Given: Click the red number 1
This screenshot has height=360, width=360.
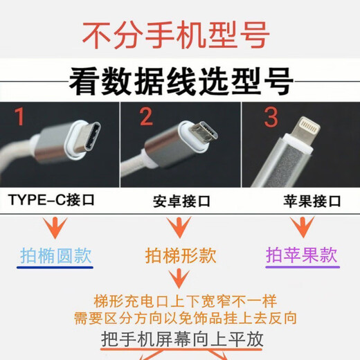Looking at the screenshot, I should pos(21,118).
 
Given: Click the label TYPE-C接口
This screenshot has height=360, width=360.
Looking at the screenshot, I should pos(51,201).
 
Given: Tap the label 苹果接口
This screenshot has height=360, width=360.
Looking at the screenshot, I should pos(312,201).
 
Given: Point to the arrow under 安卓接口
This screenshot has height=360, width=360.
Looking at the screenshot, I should pos(179,227).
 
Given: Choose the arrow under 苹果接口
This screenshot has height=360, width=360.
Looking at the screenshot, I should pos(302,227).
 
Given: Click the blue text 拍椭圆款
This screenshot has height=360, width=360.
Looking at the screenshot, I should pos(55,256).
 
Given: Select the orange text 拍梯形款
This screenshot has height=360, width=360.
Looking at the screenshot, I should pos(179,256).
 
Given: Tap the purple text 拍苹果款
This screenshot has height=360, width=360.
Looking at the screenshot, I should pos(302,255).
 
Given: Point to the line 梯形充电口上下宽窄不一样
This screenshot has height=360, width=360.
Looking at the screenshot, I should pos(179,301).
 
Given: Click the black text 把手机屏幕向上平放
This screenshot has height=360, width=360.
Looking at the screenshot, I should pos(179,339).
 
